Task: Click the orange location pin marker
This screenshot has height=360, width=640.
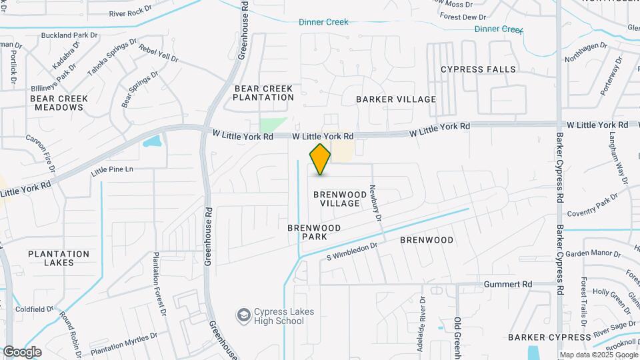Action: pos(320,159)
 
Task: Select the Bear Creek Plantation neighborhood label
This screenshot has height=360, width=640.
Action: pos(263,93)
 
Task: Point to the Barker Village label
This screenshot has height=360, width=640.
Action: pos(396,99)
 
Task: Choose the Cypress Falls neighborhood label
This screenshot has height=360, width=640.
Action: pos(478,69)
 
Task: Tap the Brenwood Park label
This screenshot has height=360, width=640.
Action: pos(315,232)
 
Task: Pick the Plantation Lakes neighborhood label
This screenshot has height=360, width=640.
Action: pos(59,258)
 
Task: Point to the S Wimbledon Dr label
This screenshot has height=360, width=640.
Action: pos(352,251)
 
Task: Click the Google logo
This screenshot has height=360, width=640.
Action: pos(22,352)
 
